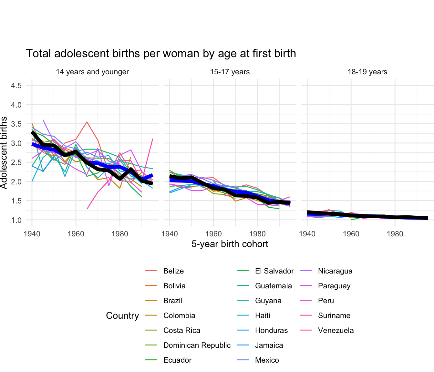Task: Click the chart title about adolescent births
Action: tap(161, 53)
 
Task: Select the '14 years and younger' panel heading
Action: tap(92, 72)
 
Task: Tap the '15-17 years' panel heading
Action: tap(230, 72)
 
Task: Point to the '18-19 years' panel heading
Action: tap(367, 72)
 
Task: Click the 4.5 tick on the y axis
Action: tap(16, 86)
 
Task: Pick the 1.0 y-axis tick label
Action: tap(16, 220)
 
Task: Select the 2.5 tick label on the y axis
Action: tap(16, 162)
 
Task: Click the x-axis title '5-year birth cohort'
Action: tap(230, 244)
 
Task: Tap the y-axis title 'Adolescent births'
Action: tap(4, 153)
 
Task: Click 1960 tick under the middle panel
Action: tap(213, 234)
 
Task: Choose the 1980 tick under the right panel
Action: tap(395, 234)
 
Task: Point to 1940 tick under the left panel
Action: tap(32, 234)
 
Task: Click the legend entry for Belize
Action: tap(173, 271)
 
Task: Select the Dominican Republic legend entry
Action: tap(197, 345)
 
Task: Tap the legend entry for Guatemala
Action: tap(273, 286)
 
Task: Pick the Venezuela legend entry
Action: tap(336, 330)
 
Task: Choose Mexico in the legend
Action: tap(267, 360)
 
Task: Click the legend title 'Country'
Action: tap(122, 315)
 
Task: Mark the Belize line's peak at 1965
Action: tap(87, 122)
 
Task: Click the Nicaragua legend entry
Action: tap(335, 271)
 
